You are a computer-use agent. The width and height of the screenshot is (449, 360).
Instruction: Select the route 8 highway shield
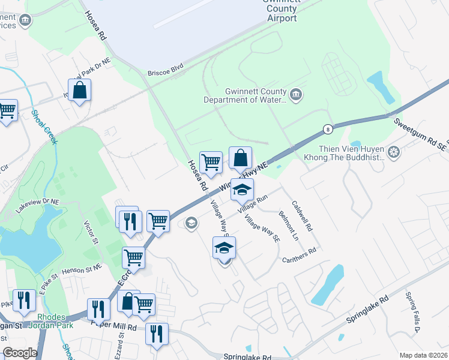pyautogui.click(x=327, y=129)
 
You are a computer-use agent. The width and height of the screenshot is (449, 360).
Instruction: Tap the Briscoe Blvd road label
pyautogui.click(x=165, y=73)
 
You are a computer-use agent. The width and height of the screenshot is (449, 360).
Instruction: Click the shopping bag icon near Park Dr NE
pyautogui.click(x=79, y=91)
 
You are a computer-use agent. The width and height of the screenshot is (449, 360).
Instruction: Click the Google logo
pyautogui.click(x=19, y=353)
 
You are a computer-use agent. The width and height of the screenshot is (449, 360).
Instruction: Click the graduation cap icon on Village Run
pyautogui.click(x=241, y=190)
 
